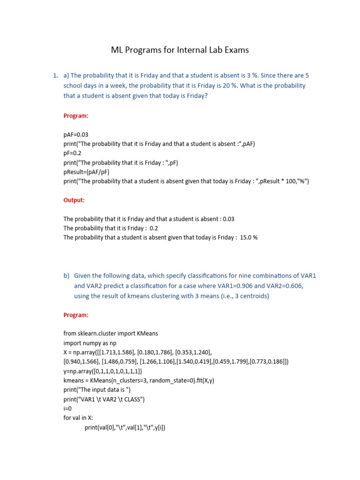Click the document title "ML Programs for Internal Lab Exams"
tap(180, 50)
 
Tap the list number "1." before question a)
tap(55, 75)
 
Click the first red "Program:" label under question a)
tap(76, 116)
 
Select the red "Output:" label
tap(74, 200)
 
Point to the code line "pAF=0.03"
tap(76, 135)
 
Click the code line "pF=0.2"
tap(73, 153)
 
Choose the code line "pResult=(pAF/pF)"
tap(87, 172)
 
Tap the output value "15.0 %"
tap(248, 238)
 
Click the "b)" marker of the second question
tap(66, 275)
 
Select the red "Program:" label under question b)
tap(76, 315)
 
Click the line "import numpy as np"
tap(90, 343)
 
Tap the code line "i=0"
tap(68, 408)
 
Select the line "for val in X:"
tap(80, 418)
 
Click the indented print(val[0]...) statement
tap(125, 427)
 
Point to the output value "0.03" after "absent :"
tap(229, 219)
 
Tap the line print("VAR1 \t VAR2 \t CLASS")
tap(104, 399)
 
